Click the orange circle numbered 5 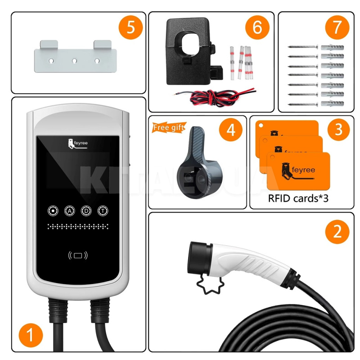[130, 28]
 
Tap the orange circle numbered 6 [257, 28]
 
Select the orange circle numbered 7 [337, 28]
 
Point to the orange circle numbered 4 [230, 130]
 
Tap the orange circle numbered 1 [31, 336]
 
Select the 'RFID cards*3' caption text [298, 198]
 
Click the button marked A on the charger [70, 210]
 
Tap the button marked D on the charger [85, 210]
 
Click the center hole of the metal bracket [75, 60]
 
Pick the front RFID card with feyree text [298, 171]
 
